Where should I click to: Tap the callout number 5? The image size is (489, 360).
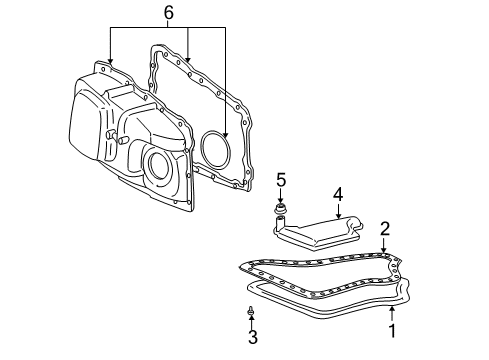click(281, 181)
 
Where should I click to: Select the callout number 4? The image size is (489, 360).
click(338, 193)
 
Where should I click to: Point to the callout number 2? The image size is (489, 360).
click(384, 229)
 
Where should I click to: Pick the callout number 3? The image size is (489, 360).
click(252, 338)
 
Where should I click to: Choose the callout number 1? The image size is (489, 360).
click(393, 329)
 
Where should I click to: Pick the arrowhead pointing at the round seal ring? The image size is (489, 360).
click(226, 134)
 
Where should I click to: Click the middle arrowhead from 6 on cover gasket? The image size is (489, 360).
click(188, 62)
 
